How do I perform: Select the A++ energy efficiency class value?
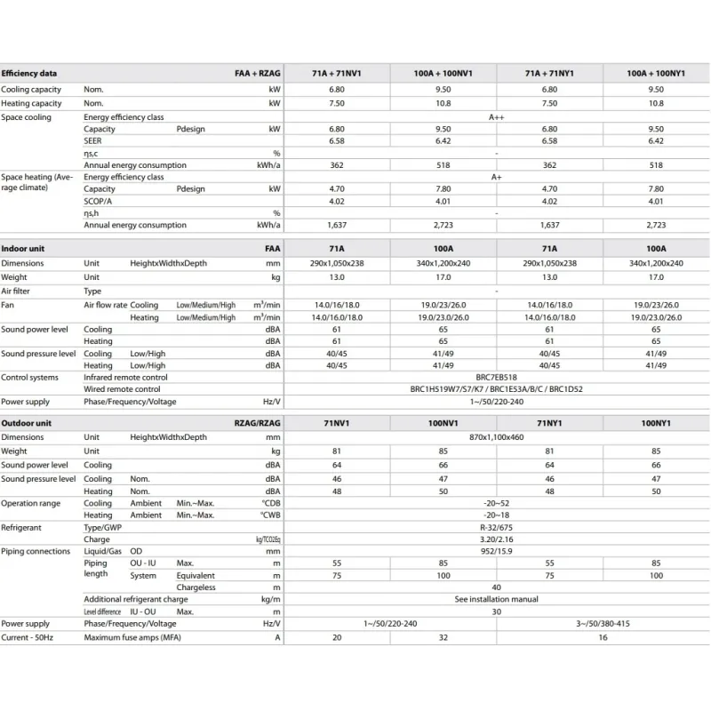[496, 117]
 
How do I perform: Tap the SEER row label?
[92, 141]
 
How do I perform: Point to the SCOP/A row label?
[98, 201]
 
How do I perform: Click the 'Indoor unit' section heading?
[23, 249]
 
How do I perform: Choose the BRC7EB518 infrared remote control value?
[496, 377]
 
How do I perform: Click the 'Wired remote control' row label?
[122, 389]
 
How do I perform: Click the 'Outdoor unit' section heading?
[26, 423]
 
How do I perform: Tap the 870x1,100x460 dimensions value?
[496, 437]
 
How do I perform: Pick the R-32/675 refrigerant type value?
[496, 527]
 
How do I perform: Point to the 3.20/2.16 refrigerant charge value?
[496, 539]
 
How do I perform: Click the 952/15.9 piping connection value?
[496, 551]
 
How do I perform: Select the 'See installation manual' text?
[496, 600]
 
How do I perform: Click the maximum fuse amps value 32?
[443, 636]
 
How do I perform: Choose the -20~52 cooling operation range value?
[496, 503]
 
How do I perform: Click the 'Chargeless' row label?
[196, 587]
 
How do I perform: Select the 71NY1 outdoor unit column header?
[549, 423]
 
